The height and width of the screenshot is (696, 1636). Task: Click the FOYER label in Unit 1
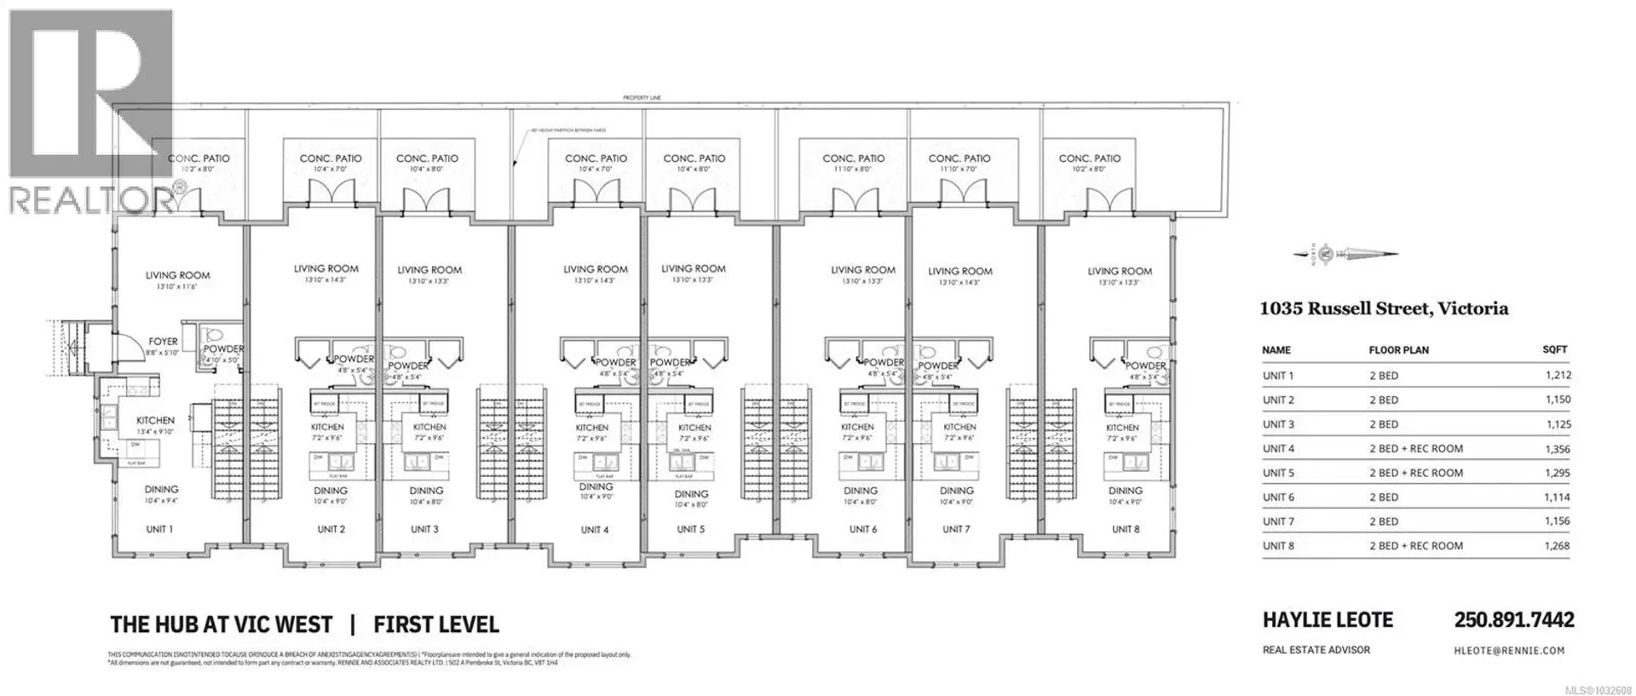coord(163,342)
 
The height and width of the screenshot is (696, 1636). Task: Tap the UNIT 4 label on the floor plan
coord(595,530)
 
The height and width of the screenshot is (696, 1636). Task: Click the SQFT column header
coord(1554,350)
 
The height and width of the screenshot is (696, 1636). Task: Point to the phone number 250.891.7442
coord(1513,620)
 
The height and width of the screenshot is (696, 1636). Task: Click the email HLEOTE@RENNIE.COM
coord(1509,651)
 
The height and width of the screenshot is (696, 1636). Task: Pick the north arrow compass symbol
coord(1345,253)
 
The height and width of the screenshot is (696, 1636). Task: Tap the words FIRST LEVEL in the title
coord(435,624)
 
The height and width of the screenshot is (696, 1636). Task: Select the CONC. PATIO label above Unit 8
coord(1089,158)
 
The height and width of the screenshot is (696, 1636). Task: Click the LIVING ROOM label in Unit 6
coord(863,270)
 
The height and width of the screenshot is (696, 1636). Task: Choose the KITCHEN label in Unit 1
coord(155,421)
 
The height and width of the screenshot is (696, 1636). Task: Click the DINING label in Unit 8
coord(1125,491)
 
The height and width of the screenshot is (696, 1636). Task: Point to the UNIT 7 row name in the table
coord(1278,521)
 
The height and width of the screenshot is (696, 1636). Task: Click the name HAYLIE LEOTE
coord(1328,620)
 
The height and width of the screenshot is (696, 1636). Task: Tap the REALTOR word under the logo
coord(89,200)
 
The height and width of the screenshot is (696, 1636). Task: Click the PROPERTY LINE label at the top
coord(642,99)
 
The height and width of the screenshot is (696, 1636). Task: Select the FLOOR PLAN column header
coord(1398,350)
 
